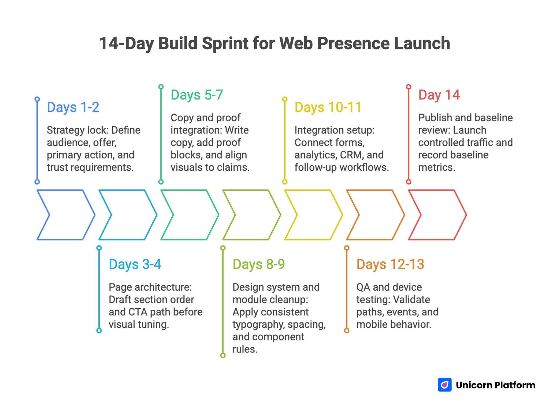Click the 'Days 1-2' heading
(73, 107)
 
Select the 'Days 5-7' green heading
(197, 95)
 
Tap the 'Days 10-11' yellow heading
(328, 107)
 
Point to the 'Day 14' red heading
(439, 95)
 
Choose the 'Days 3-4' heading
(135, 264)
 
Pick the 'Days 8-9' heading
(259, 264)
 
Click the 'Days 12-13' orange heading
(390, 264)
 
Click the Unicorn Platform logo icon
(444, 385)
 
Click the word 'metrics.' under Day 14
(437, 167)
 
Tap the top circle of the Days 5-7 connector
(161, 87)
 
